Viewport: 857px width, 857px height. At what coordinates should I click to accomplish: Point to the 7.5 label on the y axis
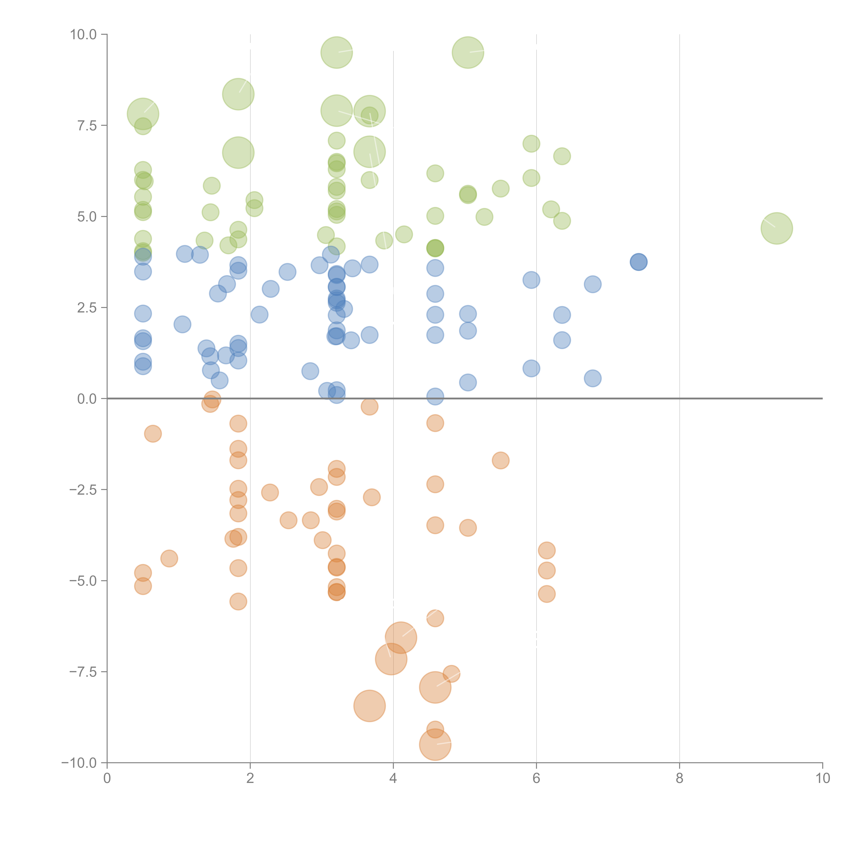pos(87,125)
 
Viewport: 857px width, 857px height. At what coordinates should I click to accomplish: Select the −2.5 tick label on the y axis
pos(83,490)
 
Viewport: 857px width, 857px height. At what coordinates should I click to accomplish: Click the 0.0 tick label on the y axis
pos(87,399)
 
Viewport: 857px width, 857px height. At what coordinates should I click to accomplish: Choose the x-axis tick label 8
pos(680,778)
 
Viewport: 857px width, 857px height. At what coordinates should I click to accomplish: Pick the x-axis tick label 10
pos(822,778)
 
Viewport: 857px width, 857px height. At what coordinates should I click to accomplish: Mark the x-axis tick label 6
pos(536,778)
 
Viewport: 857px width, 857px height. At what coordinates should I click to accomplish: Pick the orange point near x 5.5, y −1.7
pos(500,460)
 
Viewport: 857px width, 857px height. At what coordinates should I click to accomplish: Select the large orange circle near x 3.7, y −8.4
pos(370,706)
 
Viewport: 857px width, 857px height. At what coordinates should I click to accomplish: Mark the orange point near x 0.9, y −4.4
pos(169,558)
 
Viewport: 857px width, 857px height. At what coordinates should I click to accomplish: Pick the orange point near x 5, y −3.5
pos(468,528)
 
